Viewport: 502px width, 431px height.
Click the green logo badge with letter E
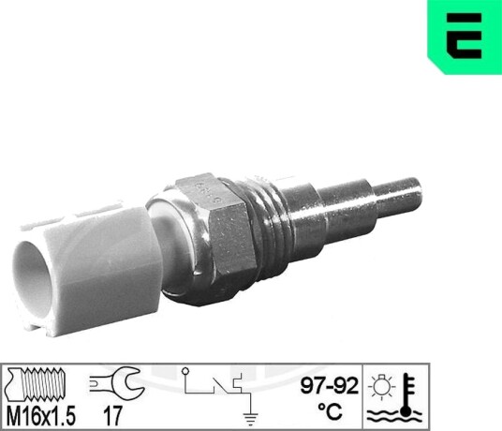[x=465, y=37]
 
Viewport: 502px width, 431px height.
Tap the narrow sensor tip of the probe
[x=398, y=196]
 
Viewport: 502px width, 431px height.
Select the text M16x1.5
[x=41, y=415]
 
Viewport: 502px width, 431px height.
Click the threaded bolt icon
[x=37, y=384]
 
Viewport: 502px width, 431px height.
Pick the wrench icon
[x=117, y=382]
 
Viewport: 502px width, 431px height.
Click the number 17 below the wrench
[x=112, y=416]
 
